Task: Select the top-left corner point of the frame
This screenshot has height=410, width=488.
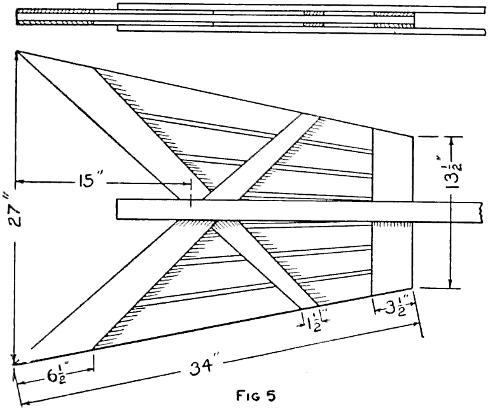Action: tap(17, 51)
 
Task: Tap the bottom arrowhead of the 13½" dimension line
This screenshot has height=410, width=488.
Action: tap(450, 286)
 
